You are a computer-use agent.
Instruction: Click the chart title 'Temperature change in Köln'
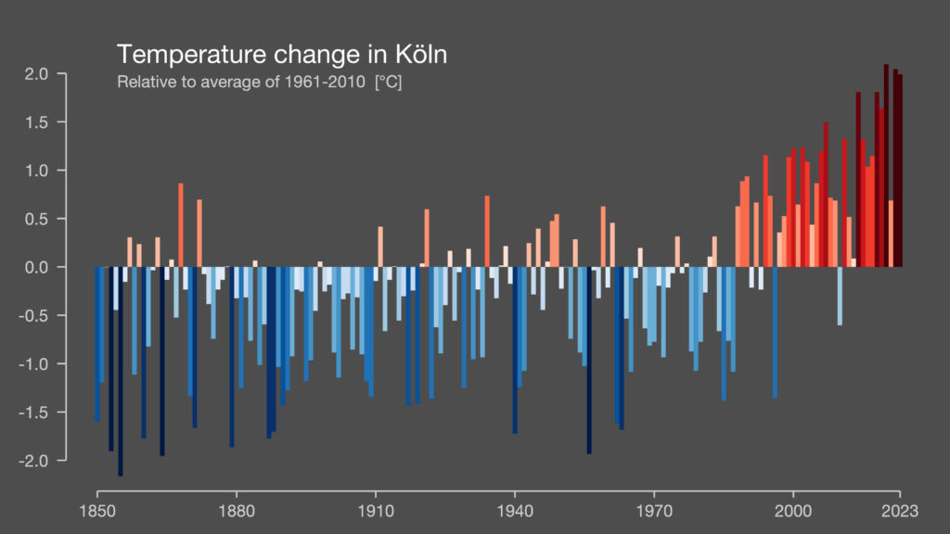[282, 54]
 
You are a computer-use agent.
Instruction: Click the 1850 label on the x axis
[96, 511]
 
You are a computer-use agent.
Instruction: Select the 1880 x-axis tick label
[236, 511]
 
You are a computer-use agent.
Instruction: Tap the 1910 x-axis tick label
[375, 511]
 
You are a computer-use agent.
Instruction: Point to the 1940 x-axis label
[514, 511]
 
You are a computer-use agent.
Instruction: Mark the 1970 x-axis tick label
[653, 511]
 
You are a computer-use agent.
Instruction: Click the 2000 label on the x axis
[793, 511]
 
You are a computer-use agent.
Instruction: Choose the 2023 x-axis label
[899, 511]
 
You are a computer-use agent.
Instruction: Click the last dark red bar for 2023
[899, 172]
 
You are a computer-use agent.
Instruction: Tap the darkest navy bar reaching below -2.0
[120, 371]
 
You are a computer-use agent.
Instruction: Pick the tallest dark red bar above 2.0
[886, 167]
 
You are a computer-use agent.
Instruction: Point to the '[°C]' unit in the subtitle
[388, 83]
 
